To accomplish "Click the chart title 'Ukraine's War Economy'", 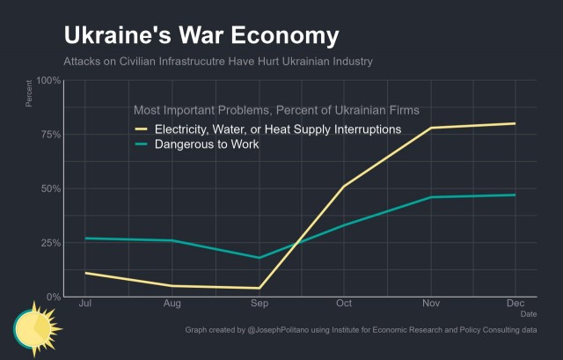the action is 201,35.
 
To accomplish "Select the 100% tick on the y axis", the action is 48,80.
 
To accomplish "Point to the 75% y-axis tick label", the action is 51,135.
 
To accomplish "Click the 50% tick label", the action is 51,188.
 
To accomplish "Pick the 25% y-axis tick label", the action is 51,243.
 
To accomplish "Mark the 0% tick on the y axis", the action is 53,298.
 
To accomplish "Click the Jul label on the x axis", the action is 85,304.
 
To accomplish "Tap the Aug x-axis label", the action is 172,304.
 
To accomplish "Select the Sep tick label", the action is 260,304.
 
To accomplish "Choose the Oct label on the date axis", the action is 344,304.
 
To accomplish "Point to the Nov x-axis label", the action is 431,304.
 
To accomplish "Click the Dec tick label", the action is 515,304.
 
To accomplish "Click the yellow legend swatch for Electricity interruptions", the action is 141,129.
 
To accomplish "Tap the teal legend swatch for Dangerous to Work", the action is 141,144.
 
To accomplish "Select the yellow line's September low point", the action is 260,288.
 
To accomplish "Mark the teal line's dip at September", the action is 260,258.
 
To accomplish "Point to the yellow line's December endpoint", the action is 515,123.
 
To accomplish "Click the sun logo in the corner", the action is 37,329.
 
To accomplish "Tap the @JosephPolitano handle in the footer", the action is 278,330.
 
